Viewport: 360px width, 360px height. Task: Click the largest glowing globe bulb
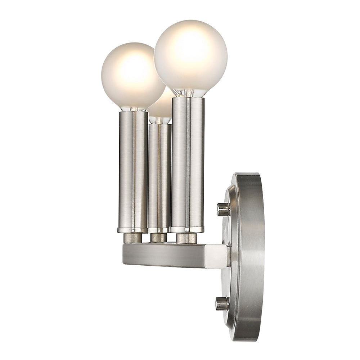tap(190, 56)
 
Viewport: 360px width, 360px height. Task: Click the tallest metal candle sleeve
tap(188, 162)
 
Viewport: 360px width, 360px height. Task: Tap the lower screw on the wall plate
tap(222, 303)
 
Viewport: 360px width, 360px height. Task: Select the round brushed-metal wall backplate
tap(245, 257)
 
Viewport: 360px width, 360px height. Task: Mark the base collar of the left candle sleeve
tap(132, 230)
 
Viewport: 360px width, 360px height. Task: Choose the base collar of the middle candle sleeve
tap(159, 230)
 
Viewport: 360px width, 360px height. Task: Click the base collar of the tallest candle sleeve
tap(187, 229)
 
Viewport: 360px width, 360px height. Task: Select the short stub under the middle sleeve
tap(159, 238)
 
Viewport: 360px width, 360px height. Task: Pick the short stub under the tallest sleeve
tap(186, 238)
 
